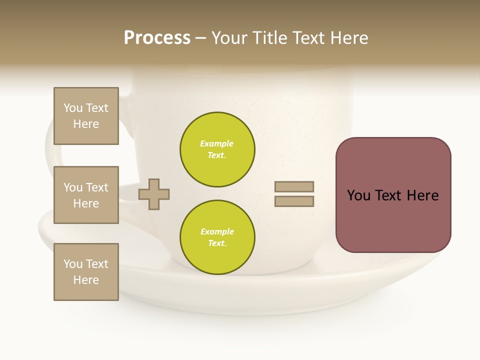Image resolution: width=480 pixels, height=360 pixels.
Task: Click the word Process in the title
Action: [x=157, y=38]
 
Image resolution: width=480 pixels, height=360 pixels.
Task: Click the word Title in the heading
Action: [x=269, y=38]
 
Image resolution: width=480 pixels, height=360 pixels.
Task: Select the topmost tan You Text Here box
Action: [x=86, y=116]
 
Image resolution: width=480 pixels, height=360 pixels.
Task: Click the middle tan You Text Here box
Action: [x=86, y=195]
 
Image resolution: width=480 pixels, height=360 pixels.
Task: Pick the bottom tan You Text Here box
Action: [x=86, y=272]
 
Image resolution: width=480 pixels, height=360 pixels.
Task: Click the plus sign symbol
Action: [x=154, y=194]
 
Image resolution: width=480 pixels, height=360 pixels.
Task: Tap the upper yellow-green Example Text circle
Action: [x=217, y=149]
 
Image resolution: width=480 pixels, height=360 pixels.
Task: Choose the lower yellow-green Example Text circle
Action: [x=217, y=237]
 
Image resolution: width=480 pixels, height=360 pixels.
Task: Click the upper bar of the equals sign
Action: [x=294, y=187]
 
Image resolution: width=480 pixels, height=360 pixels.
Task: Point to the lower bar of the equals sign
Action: [x=294, y=201]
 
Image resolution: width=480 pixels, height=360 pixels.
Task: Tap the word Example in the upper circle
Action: [x=216, y=143]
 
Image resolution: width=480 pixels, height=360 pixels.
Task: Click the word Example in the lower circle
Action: [x=217, y=231]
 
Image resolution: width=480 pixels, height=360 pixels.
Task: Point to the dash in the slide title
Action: [x=200, y=38]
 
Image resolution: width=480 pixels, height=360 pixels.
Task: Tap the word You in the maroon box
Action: [x=358, y=195]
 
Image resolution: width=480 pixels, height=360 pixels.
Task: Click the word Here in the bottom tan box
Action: [x=86, y=280]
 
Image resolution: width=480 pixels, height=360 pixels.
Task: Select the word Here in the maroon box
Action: [x=422, y=195]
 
